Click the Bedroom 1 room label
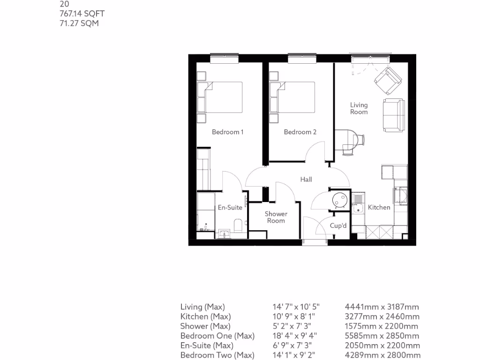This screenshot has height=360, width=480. [227, 132]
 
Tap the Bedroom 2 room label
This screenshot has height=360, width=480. [300, 132]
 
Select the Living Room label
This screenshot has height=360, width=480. [359, 108]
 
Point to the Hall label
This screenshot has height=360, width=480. [306, 179]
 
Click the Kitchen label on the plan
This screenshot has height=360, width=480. [379, 207]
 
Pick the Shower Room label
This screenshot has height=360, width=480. [276, 217]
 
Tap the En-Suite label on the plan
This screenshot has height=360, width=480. [230, 208]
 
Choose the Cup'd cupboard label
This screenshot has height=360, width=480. [338, 226]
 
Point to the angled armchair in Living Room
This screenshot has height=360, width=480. [388, 80]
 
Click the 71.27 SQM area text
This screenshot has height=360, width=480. [77, 23]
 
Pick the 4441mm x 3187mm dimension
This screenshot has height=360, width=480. [382, 307]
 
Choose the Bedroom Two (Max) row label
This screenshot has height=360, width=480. [217, 355]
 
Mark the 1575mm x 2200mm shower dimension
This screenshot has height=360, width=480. [382, 326]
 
